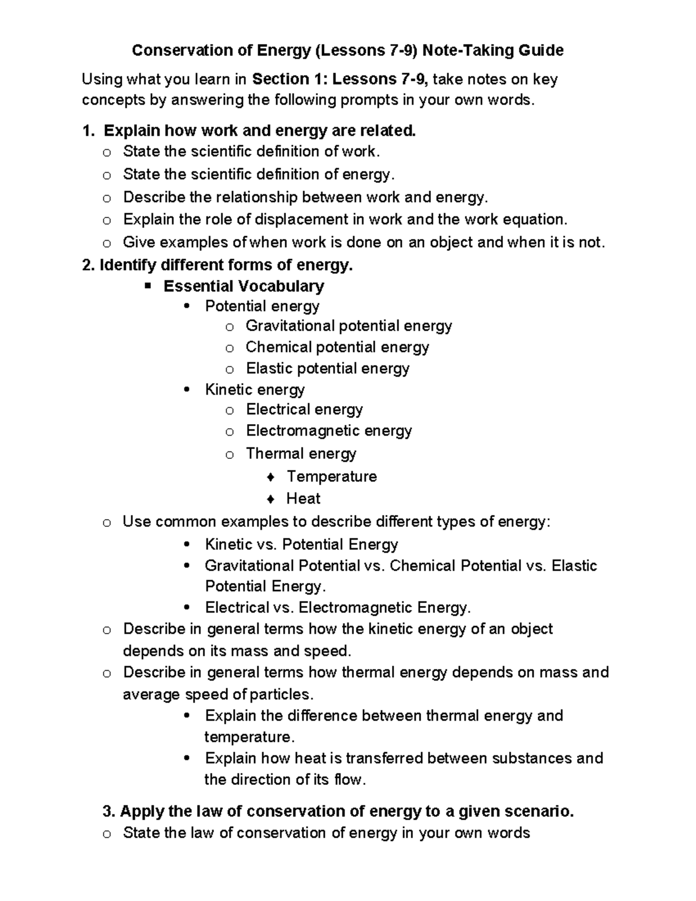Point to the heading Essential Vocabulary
point(244,286)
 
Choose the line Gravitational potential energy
point(349,326)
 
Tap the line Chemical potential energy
point(337,347)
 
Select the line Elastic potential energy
point(328,368)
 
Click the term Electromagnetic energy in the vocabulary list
point(329,430)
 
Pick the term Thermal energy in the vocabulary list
point(301,453)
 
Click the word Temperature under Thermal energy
point(332,476)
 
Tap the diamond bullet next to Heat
point(270,499)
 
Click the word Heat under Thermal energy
point(303,498)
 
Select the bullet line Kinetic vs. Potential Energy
point(301,544)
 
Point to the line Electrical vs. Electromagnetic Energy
point(338,607)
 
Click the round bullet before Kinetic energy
point(186,390)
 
